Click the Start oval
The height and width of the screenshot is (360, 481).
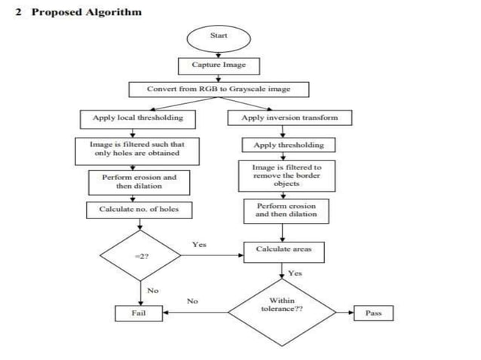pos(218,35)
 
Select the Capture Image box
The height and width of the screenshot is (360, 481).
pos(218,66)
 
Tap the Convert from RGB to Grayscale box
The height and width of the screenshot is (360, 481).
pos(218,90)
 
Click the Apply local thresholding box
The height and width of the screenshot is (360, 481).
pos(133,118)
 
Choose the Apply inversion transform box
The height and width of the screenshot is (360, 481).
pos(290,118)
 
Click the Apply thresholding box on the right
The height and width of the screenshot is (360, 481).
pos(289,145)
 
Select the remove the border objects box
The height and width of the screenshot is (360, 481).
pos(286,175)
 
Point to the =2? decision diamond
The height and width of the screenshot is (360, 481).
pos(139,256)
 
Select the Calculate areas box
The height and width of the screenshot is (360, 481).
pos(283,249)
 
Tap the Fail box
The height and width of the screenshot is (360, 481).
pos(139,313)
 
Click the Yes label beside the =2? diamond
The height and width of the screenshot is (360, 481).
pos(199,245)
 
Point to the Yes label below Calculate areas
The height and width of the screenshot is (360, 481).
pos(295,273)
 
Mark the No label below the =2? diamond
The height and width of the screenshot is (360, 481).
pos(152,290)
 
